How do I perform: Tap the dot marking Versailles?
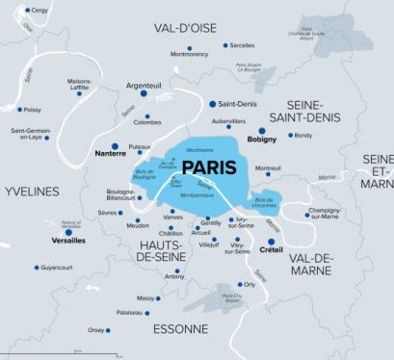coord(68,231)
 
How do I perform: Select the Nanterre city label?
coord(113,153)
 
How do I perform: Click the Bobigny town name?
coord(262,141)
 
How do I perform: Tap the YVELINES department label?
coord(31,192)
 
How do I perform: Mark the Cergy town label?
coord(39,10)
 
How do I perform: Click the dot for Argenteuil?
coord(144,94)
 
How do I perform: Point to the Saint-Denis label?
coord(237,104)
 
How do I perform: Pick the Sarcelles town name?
coord(243,44)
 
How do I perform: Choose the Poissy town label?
coord(33,110)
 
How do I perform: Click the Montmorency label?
coord(188,54)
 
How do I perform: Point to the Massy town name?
coord(146,298)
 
